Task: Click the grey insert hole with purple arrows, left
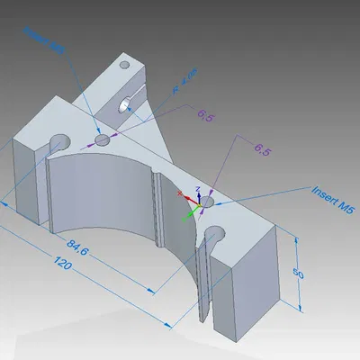point(102,140)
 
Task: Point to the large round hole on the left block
point(60,142)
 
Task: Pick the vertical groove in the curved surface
point(157,211)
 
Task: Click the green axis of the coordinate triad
point(190,214)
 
